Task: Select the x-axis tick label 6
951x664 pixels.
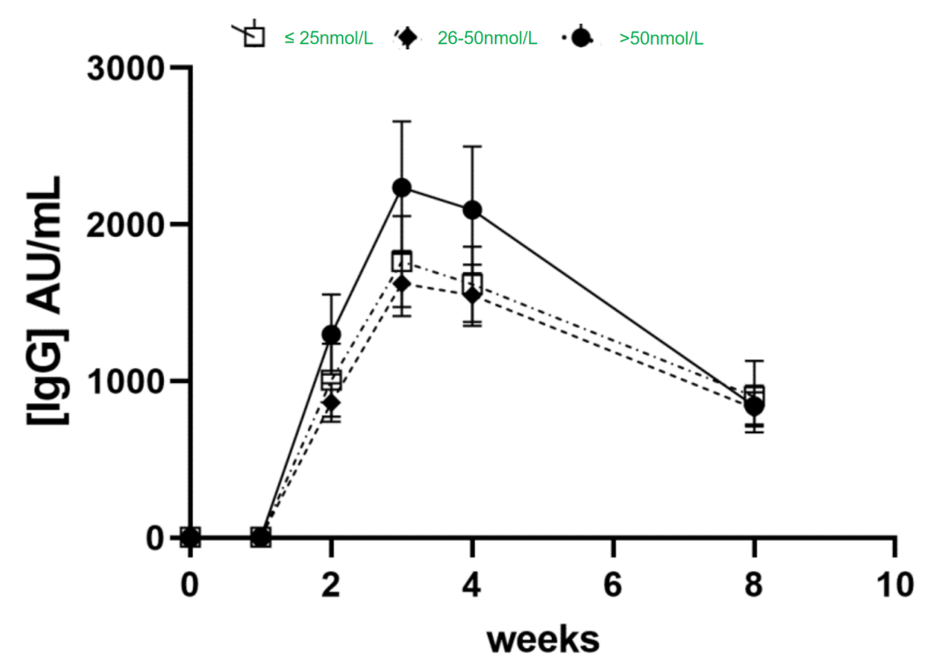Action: coord(613,583)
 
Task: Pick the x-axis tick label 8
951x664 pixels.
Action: coord(754,583)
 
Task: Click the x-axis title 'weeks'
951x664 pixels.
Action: coord(542,638)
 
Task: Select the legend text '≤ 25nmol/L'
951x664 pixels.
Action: coord(328,38)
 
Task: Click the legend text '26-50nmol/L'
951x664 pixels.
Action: coord(487,38)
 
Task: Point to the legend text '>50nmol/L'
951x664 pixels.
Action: coord(661,38)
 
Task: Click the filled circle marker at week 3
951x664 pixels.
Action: coord(402,188)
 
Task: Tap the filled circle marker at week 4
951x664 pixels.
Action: coord(473,210)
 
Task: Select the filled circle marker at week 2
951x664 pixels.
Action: coord(331,335)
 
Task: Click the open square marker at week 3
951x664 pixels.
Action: coord(402,261)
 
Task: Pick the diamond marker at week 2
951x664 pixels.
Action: coord(331,402)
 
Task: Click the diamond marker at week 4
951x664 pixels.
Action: coord(473,294)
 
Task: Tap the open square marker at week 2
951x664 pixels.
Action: coord(331,380)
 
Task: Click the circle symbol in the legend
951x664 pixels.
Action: coord(580,38)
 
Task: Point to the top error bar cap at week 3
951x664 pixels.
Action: coord(402,122)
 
